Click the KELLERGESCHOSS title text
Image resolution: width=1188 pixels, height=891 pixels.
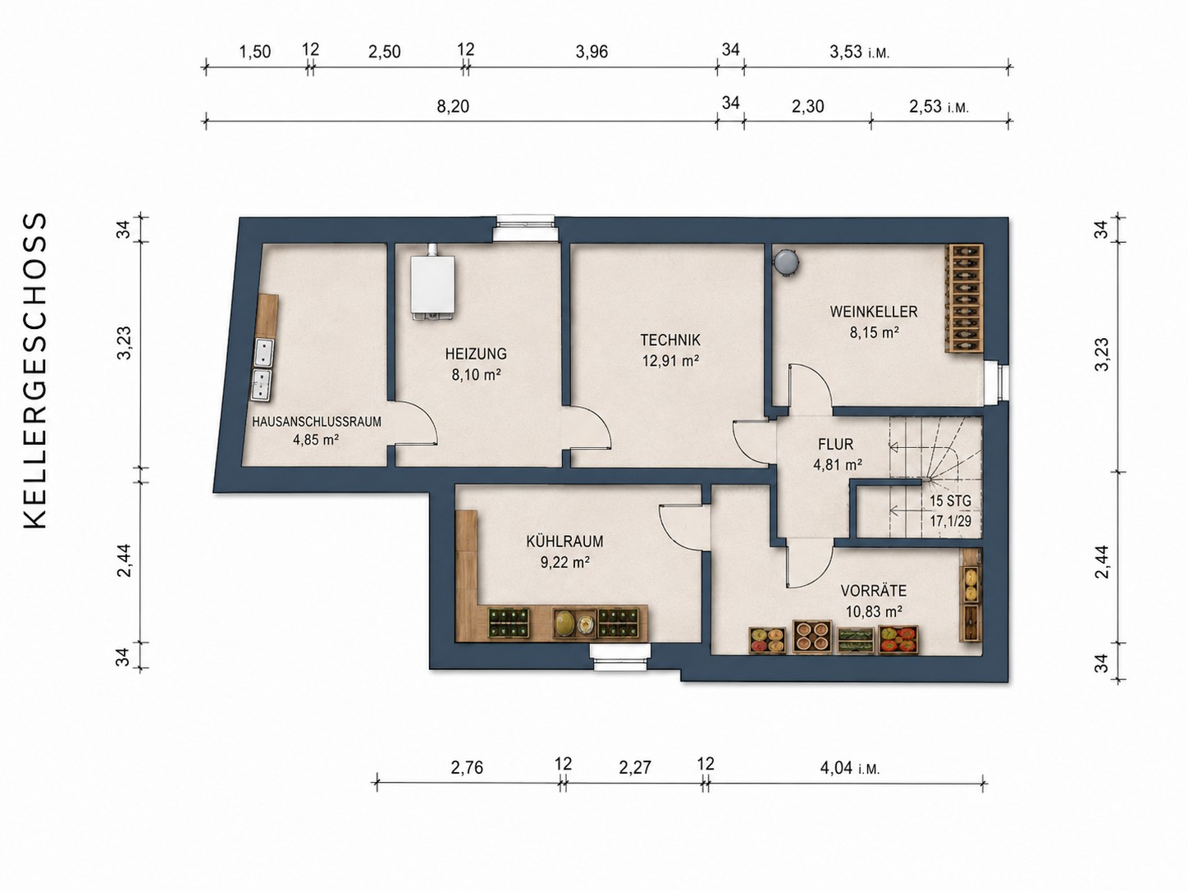pyautogui.click(x=36, y=371)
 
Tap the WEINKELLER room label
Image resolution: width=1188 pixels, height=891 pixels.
pyautogui.click(x=874, y=312)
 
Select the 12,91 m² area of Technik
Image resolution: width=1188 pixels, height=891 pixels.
pyautogui.click(x=670, y=360)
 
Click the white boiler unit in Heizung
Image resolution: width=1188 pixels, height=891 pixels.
pyautogui.click(x=432, y=283)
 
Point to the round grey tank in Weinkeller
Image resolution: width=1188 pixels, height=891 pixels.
pyautogui.click(x=786, y=261)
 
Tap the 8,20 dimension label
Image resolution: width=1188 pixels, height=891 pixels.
pyautogui.click(x=453, y=107)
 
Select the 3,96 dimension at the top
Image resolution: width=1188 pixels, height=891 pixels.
pyautogui.click(x=592, y=52)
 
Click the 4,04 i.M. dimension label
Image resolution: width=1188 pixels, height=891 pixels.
pyautogui.click(x=850, y=768)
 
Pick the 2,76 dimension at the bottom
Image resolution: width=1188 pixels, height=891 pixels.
pyautogui.click(x=467, y=768)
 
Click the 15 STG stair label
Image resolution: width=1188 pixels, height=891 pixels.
pyautogui.click(x=950, y=501)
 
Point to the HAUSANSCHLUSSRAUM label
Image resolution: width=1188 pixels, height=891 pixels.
pyautogui.click(x=317, y=422)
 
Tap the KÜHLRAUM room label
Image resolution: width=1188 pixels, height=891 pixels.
pyautogui.click(x=564, y=541)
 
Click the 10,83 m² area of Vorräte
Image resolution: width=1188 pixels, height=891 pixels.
pyautogui.click(x=874, y=612)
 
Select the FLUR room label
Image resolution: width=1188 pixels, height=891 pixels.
pyautogui.click(x=836, y=445)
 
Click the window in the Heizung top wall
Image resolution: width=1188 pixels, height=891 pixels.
pyautogui.click(x=526, y=228)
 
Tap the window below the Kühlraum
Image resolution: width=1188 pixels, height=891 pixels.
pyautogui.click(x=620, y=656)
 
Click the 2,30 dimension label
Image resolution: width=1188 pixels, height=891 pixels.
pyautogui.click(x=807, y=107)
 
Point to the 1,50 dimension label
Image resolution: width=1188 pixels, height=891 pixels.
pyautogui.click(x=255, y=52)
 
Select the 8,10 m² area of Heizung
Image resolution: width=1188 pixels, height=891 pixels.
pyautogui.click(x=477, y=374)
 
